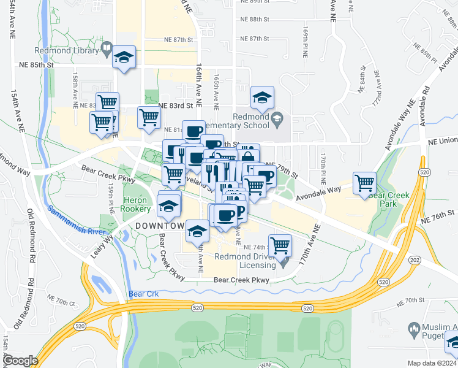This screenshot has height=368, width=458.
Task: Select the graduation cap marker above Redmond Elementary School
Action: tap(262, 98)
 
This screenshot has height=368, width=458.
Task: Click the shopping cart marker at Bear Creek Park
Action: tap(364, 183)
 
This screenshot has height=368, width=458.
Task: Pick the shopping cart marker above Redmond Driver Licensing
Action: tap(280, 245)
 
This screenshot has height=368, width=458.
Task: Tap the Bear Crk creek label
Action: tap(144, 294)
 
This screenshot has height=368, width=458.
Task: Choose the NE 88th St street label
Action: tap(255, 20)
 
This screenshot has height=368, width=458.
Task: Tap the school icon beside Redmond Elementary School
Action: tap(277, 117)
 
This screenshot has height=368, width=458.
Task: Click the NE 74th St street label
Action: tap(257, 247)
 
